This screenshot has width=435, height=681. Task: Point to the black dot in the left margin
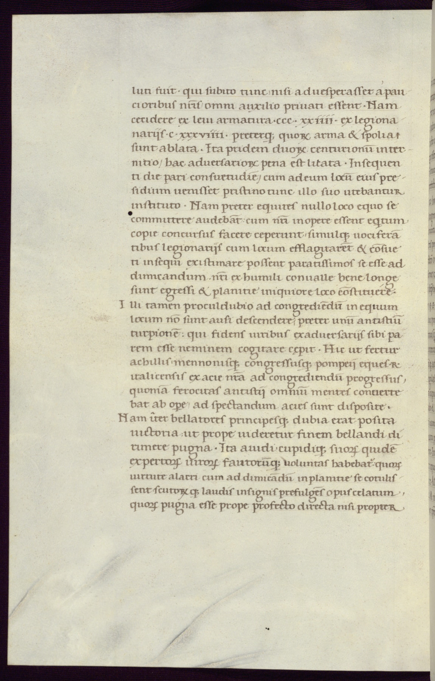[130, 214]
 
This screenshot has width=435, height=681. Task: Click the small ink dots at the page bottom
[267, 629]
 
